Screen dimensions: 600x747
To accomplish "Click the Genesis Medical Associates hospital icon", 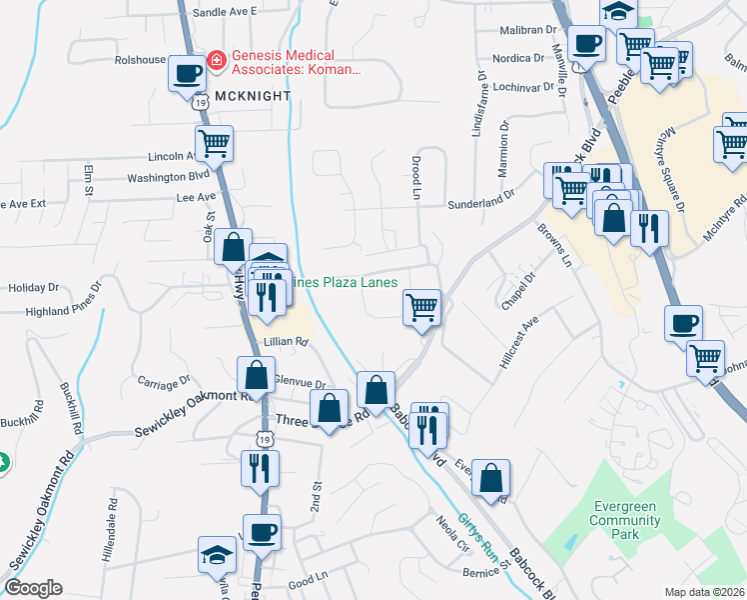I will coord(215,61).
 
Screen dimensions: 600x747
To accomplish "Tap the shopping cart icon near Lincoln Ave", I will coord(214,144).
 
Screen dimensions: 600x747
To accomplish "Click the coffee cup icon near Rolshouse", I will coord(186,73).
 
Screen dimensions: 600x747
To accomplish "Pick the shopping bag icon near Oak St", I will coord(233,246).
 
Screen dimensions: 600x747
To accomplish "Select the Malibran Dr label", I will coord(529,31).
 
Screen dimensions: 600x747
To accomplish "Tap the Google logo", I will coord(33,588).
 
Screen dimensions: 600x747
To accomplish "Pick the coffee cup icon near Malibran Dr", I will coord(585,44).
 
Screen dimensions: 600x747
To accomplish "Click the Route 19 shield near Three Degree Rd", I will coord(263,438).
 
